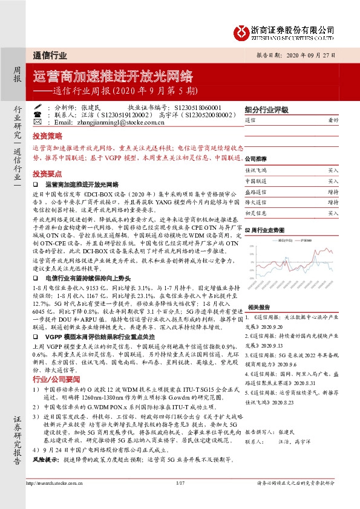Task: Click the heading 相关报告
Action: [257, 324]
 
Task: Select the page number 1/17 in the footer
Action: [180, 483]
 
